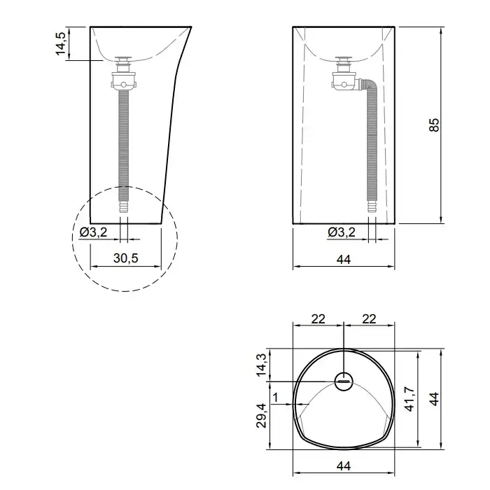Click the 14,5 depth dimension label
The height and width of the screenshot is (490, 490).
tap(61, 43)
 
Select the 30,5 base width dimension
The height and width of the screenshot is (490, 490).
tap(125, 258)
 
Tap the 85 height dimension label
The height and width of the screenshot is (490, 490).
tap(434, 125)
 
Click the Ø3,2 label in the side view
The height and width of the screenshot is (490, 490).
tap(93, 232)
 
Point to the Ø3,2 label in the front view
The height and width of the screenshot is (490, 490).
tap(342, 232)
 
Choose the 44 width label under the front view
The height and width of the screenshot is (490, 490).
tap(344, 260)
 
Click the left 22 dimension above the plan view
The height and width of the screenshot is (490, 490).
tap(318, 319)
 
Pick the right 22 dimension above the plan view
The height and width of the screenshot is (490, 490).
tap(369, 319)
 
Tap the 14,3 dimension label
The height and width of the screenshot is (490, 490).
tap(261, 365)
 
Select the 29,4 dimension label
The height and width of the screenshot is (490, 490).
tap(261, 416)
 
